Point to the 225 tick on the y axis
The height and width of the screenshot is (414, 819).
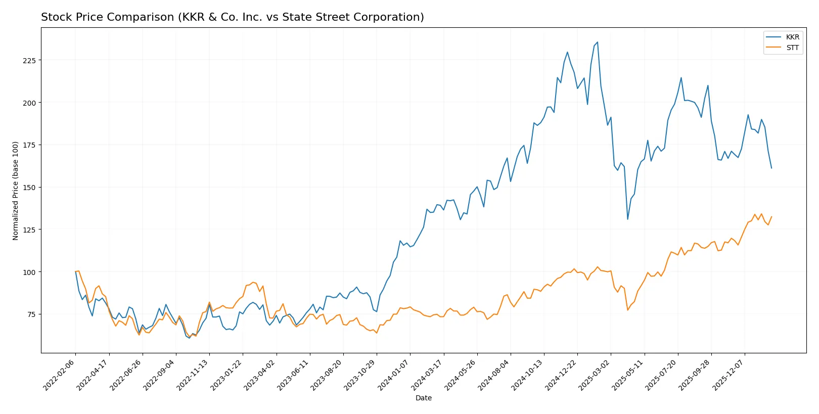click(29, 60)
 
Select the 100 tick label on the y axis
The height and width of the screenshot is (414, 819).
click(29, 272)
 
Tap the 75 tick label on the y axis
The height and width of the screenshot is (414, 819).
click(31, 314)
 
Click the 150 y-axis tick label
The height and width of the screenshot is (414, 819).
click(29, 188)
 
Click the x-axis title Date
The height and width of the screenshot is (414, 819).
click(423, 398)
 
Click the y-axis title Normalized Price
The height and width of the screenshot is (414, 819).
click(15, 191)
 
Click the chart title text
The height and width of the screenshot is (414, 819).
click(232, 17)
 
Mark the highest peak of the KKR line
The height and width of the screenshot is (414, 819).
click(597, 42)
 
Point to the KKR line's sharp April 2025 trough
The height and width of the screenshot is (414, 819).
click(627, 219)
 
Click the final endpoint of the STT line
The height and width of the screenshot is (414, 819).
click(771, 217)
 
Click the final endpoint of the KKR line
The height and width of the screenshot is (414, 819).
click(771, 168)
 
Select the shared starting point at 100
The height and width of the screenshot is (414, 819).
click(75, 272)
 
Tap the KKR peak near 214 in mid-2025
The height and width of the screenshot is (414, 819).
click(681, 78)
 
